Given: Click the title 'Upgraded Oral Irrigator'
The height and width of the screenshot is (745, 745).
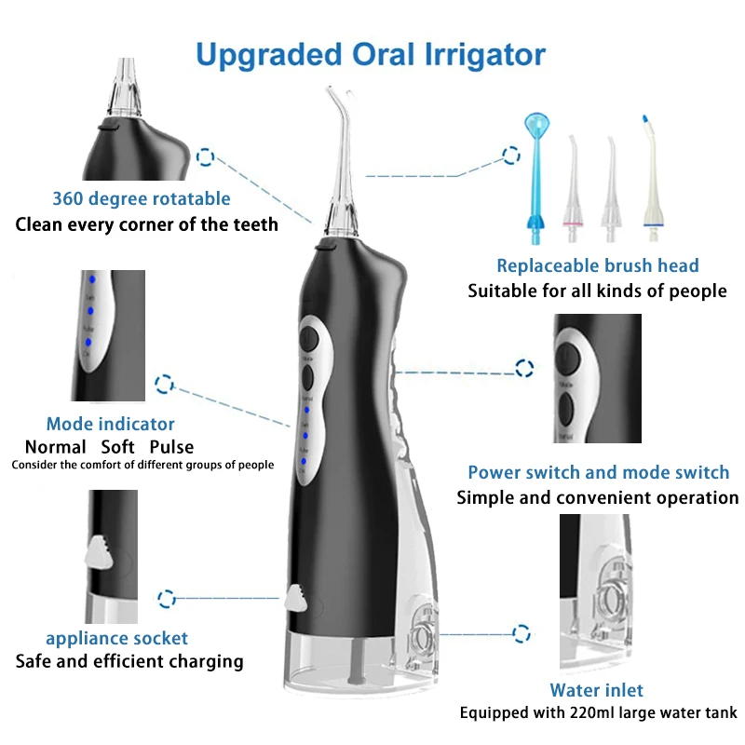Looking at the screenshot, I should point(370,53).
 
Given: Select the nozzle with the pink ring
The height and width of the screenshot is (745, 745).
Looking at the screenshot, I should point(574,186).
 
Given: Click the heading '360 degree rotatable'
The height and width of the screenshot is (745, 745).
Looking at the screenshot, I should point(141,198).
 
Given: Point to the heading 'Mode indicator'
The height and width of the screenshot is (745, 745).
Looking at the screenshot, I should point(110,424).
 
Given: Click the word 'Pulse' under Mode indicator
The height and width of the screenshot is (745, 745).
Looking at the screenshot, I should point(171,447).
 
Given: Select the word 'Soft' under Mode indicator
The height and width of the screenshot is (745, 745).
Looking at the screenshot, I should point(117,447).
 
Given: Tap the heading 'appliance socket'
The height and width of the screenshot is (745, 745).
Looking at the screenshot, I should point(116,638).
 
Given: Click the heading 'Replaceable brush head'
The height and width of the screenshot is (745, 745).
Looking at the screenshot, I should point(597,266).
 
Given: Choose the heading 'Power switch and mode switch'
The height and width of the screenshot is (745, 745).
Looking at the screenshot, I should point(598,473).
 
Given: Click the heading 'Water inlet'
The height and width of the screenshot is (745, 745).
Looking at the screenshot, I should point(596,690).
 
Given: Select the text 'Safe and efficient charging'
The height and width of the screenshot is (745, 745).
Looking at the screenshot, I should point(129,662).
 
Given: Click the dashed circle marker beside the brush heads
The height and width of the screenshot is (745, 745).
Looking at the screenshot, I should point(510,155).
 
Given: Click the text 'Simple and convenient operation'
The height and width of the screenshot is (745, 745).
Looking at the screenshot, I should point(597,498).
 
